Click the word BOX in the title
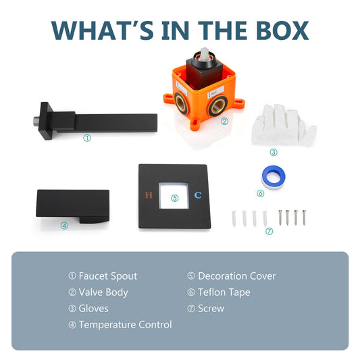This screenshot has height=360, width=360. pyautogui.click(x=282, y=30)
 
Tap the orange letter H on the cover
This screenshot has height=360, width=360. pyautogui.click(x=149, y=195)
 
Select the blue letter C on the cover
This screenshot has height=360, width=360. pyautogui.click(x=198, y=195)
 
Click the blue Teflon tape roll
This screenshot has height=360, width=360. pyautogui.click(x=274, y=178)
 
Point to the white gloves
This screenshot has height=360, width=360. pyautogui.click(x=284, y=125)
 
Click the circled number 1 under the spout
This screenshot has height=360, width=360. pyautogui.click(x=87, y=138)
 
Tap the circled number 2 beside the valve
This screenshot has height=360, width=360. pyautogui.click(x=224, y=121)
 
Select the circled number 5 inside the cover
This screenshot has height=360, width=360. pyautogui.click(x=175, y=198)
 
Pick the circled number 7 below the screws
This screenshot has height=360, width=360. pyautogui.click(x=269, y=231)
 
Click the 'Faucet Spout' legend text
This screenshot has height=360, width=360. pyautogui.click(x=108, y=276)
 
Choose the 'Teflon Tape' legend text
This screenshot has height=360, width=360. pyautogui.click(x=224, y=292)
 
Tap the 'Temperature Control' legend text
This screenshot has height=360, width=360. pyautogui.click(x=126, y=325)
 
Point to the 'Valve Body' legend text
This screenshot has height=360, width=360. pyautogui.click(x=103, y=292)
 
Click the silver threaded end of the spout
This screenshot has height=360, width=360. pyautogui.click(x=36, y=120)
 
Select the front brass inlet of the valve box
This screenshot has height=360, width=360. pyautogui.click(x=218, y=105)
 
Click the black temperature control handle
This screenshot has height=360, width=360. pyautogui.click(x=72, y=205)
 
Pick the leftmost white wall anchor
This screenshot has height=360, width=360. pyautogui.click(x=234, y=218)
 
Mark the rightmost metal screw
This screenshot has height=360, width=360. pyautogui.click(x=304, y=217)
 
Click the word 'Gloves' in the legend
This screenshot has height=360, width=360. pyautogui.click(x=93, y=309)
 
